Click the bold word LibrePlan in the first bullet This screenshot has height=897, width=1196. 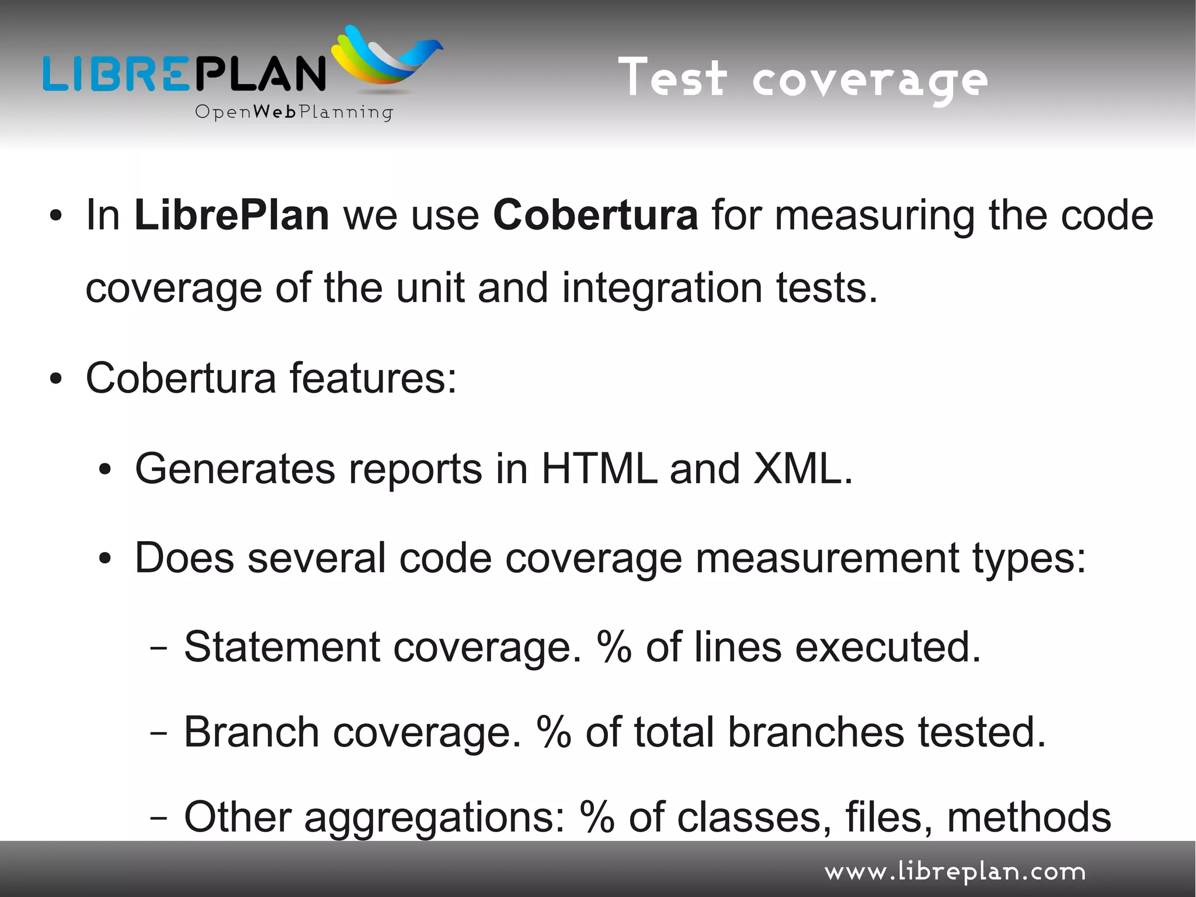(x=231, y=215)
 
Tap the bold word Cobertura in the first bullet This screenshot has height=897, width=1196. (x=595, y=215)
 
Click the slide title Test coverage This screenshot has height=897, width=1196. (x=802, y=79)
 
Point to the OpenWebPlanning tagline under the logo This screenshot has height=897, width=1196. (x=294, y=112)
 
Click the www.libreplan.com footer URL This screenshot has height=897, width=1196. (x=955, y=872)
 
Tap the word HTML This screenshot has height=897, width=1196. (x=599, y=469)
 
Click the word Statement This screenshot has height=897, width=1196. (x=282, y=647)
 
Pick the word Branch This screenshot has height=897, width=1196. (x=252, y=732)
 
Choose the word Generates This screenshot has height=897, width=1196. (x=235, y=469)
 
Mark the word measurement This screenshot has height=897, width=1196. (x=827, y=558)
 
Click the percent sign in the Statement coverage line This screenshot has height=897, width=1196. (x=614, y=647)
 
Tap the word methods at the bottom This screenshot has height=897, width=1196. (x=1028, y=817)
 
